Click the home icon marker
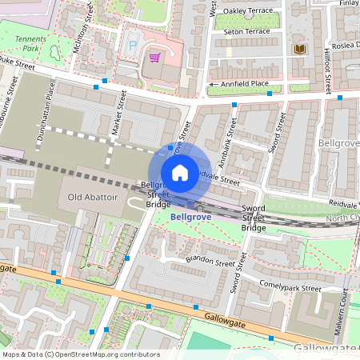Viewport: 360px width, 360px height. pos(180,173)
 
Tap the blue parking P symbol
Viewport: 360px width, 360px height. pos(133,46)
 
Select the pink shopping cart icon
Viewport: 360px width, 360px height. pos(154,57)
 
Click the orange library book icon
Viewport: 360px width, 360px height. pos(300,50)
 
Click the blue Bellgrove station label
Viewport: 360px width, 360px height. pos(191,216)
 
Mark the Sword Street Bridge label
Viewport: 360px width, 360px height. pos(254,218)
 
